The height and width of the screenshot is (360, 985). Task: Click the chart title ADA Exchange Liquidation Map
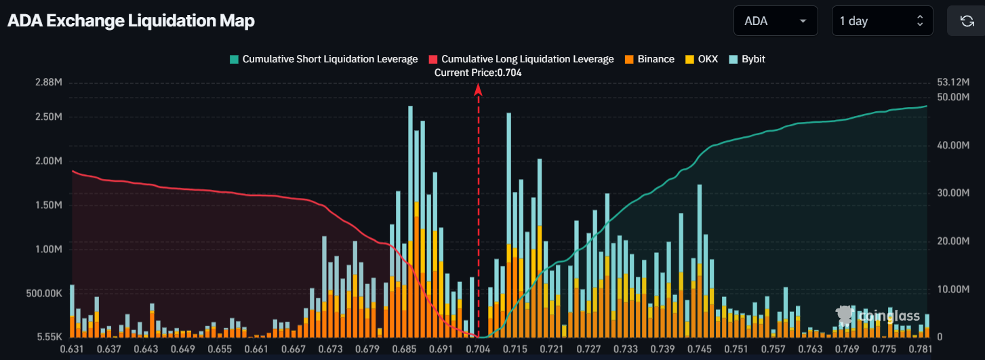[x=131, y=21]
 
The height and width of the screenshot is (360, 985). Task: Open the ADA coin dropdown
[x=776, y=21]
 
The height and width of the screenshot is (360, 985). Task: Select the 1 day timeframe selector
[x=882, y=21]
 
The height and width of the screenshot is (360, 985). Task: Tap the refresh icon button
[x=967, y=21]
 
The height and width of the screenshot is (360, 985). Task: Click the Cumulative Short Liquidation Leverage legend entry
[x=324, y=59]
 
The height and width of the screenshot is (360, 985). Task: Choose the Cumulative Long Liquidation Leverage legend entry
[x=521, y=59]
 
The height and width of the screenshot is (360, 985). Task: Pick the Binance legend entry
[x=649, y=59]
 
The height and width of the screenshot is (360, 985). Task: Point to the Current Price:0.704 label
[x=478, y=72]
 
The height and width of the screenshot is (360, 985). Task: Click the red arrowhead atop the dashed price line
[x=478, y=89]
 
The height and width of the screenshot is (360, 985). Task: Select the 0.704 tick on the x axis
[x=479, y=349]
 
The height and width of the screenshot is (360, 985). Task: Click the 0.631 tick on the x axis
[x=72, y=349]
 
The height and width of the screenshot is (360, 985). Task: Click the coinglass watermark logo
[x=879, y=315]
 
